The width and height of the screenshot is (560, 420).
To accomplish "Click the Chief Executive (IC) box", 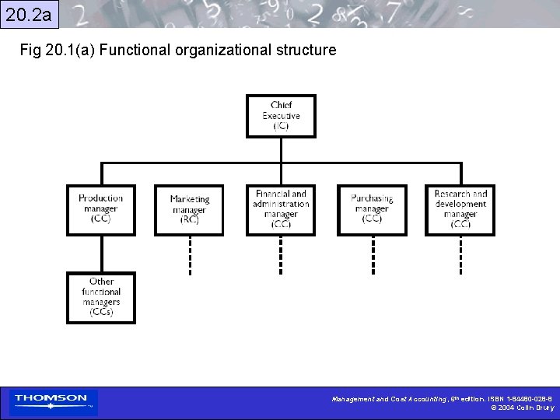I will (x=281, y=116).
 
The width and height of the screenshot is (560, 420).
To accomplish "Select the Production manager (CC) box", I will (x=100, y=209).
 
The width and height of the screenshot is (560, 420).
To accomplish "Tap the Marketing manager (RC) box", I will (x=188, y=210).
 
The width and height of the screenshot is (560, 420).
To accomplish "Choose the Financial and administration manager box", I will (x=281, y=210).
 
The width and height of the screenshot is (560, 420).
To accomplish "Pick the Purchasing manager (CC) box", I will (x=371, y=210).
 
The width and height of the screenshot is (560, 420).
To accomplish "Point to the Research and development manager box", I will (x=460, y=210).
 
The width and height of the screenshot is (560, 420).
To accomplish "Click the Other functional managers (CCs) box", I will (x=100, y=297).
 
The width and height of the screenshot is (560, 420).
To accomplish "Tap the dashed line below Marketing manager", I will (x=189, y=254).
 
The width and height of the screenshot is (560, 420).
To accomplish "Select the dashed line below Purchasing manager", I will (x=373, y=254).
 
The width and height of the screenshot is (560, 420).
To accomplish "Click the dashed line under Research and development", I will (x=460, y=254).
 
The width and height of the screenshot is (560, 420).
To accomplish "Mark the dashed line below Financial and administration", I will (x=281, y=254).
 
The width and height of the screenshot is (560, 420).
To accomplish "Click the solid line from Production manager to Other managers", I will (x=101, y=254).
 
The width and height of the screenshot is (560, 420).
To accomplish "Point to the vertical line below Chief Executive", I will (x=281, y=150).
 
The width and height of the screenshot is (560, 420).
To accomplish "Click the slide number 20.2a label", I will (x=29, y=13).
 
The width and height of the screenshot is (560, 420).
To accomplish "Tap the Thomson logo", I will (x=53, y=402).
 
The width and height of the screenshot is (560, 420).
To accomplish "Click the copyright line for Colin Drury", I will (x=523, y=408).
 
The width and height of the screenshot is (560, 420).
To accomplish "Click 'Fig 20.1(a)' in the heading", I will (x=58, y=51).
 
